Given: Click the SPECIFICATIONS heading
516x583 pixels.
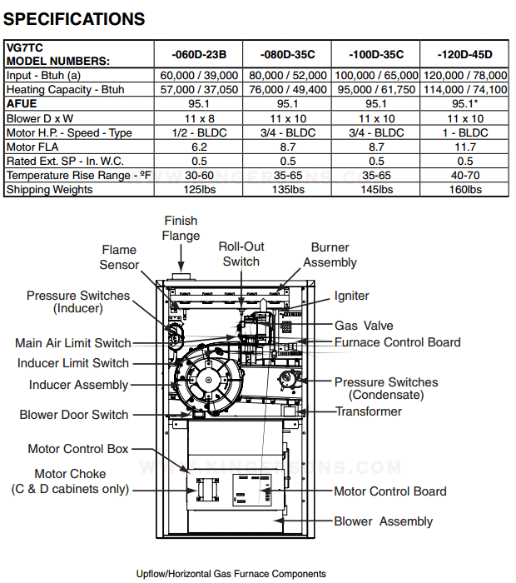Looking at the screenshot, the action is [74, 19].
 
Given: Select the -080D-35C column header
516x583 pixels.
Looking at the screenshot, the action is [287, 55].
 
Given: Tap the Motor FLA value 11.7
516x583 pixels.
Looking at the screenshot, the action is [465, 147].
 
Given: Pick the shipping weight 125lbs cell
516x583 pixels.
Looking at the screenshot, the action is [200, 190].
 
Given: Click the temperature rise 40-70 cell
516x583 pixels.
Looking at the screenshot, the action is [465, 175].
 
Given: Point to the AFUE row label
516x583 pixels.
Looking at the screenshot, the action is [22, 104].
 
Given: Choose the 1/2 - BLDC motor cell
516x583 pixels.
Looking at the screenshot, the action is [200, 132].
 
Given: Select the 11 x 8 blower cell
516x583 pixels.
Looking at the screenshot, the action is [200, 118].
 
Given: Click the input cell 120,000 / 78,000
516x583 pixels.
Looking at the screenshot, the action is [465, 76].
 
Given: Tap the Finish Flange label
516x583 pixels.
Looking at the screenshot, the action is [181, 228].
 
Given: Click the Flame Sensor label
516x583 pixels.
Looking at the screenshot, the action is [119, 257].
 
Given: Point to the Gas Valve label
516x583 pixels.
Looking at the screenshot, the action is [364, 326].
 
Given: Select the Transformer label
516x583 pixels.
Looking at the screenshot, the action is [369, 411].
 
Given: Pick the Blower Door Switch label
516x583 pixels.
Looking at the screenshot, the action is [74, 414].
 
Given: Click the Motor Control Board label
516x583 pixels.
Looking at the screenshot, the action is [390, 491].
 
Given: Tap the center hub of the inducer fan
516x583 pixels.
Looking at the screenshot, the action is [208, 380].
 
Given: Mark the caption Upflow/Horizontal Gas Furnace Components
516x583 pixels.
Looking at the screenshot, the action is [231, 574].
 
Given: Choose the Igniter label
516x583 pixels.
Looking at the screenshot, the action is [351, 296].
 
